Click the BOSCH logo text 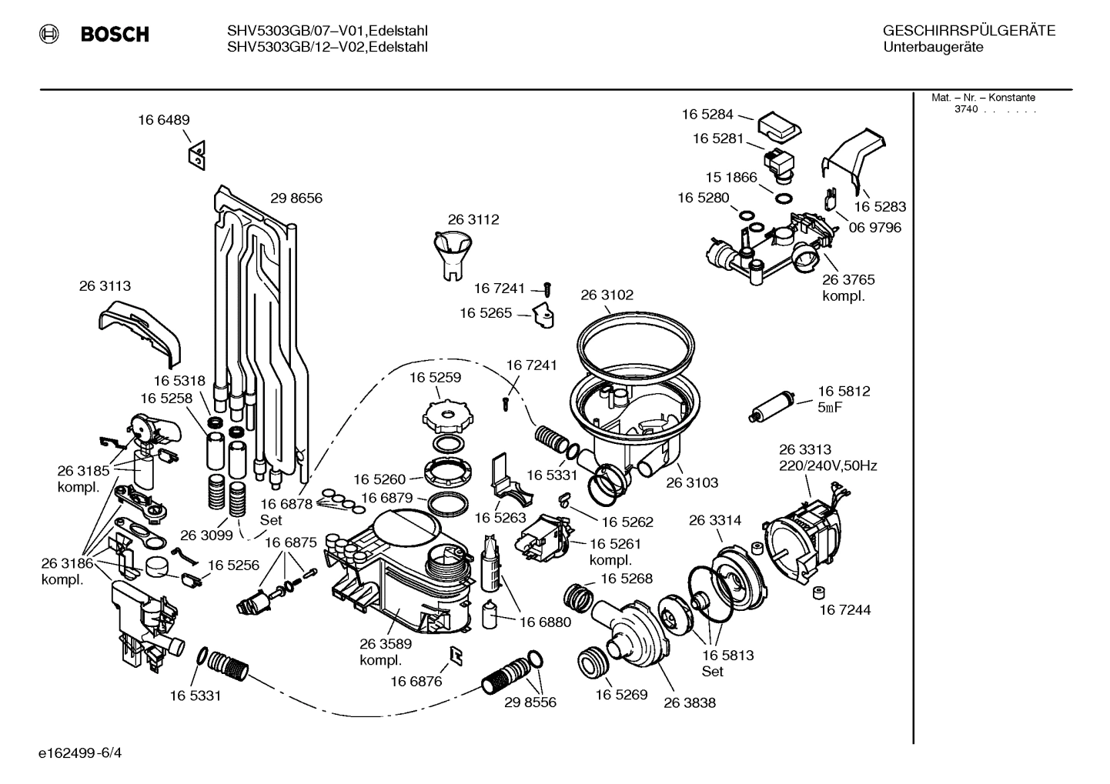(114, 35)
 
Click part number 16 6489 (164, 120)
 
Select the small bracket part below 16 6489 (197, 156)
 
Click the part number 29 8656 (296, 199)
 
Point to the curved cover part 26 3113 (141, 329)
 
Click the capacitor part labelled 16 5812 (771, 406)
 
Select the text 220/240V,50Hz (827, 465)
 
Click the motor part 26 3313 (801, 531)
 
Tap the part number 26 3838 (689, 702)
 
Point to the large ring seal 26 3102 (638, 338)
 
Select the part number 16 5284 (707, 115)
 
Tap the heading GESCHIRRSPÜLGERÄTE (968, 31)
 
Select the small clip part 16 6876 (455, 653)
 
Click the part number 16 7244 (844, 610)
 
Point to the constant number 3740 (965, 109)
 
